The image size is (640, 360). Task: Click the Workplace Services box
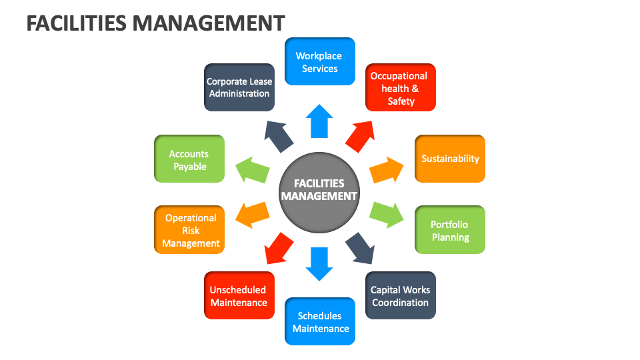320,62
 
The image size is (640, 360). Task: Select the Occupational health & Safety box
401,88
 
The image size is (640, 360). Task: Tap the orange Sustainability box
450,159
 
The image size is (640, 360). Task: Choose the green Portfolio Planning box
450,231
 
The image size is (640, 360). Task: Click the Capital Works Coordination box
401,295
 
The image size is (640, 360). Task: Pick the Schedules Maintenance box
320,321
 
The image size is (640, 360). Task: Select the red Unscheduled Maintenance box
239,295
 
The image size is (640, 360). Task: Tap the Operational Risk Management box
190,230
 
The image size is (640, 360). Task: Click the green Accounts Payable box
190,159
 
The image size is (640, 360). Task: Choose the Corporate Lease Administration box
239,87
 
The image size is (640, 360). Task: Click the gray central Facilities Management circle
319,189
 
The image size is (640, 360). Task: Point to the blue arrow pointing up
319,121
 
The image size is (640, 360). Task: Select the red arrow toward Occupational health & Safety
361,135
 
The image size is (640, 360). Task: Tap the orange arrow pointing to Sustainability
387,170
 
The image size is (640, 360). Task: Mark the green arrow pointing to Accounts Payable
251,169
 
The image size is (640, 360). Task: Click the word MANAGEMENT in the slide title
209,23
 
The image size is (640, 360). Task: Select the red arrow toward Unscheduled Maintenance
278,248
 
